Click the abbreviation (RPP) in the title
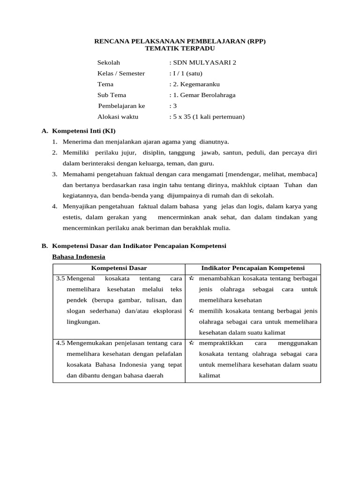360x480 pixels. (x=254, y=41)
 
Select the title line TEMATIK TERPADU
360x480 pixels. (x=180, y=48)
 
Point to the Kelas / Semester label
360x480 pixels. (x=121, y=73)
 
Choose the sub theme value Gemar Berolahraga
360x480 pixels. (x=206, y=95)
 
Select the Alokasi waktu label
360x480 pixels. (x=118, y=117)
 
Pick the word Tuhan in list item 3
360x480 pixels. (x=293, y=185)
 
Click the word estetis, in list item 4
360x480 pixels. (x=73, y=217)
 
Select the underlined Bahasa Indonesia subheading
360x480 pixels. (x=78, y=256)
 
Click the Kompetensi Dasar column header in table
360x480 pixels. (x=119, y=268)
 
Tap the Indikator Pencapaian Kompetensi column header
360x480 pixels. (x=253, y=268)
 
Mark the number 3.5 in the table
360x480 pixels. (x=60, y=278)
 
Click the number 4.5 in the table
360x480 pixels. (x=60, y=343)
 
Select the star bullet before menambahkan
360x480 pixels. (x=191, y=278)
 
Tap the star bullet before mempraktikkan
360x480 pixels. (x=191, y=343)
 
